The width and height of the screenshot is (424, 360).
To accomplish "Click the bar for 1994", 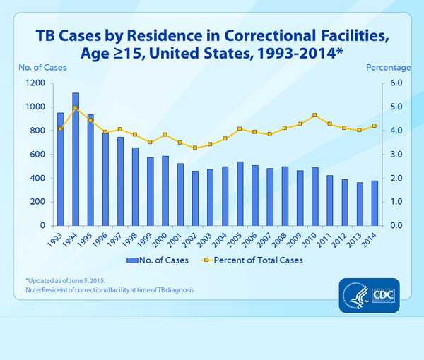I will point(76,159).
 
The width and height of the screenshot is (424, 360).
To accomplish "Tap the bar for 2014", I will point(374,203).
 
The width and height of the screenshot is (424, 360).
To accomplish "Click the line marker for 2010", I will point(314,115).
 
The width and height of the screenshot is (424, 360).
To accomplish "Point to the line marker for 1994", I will point(76,108).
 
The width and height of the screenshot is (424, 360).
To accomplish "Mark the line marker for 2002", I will point(195,148).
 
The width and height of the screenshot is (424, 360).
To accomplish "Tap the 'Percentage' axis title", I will point(388,67).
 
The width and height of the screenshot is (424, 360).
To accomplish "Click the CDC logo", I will point(367,290).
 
